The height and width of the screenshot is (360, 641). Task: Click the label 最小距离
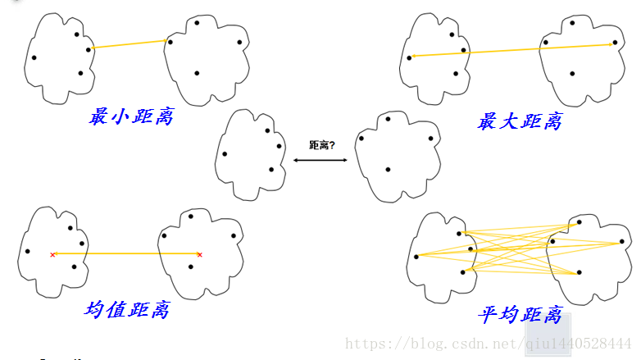tap(131, 116)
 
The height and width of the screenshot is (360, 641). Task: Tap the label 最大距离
tap(520, 122)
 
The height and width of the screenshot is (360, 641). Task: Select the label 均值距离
tap(127, 310)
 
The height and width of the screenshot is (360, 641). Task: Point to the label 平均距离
tap(520, 315)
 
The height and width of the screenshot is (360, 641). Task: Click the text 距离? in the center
tap(321, 145)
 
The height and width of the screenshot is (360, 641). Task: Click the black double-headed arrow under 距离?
tap(320, 161)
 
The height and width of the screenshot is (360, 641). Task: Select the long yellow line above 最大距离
tap(512, 50)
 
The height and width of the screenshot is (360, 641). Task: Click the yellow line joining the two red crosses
tap(126, 254)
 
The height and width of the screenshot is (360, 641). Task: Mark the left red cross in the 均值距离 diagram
tap(52, 255)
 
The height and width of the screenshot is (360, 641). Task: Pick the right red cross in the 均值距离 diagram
tap(199, 255)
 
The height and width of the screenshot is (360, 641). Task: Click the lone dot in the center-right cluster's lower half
tap(388, 170)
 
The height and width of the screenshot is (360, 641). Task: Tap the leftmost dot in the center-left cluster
tap(225, 153)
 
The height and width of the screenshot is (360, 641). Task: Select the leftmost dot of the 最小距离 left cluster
tap(34, 57)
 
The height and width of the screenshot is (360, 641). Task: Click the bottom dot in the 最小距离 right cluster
tap(197, 73)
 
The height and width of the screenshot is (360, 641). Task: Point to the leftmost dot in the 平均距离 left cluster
tap(416, 257)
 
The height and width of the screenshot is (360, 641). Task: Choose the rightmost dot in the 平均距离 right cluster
tap(622, 243)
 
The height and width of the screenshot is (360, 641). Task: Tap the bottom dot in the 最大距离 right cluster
tap(572, 74)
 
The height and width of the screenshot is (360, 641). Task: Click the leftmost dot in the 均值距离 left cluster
tap(27, 251)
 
